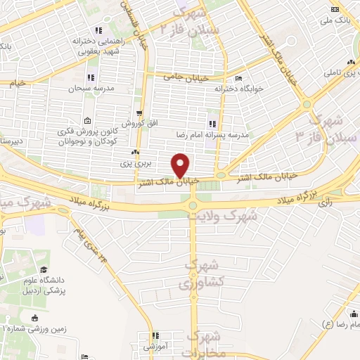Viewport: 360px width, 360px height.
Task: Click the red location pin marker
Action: point(181,165)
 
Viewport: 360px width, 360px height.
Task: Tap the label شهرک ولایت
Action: point(229,217)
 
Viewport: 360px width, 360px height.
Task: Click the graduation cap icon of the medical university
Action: point(44,271)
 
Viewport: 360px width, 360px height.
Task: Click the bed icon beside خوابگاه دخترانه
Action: point(239,77)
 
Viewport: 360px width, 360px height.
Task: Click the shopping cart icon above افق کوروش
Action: point(140,113)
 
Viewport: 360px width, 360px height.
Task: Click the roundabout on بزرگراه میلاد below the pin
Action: point(193,205)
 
